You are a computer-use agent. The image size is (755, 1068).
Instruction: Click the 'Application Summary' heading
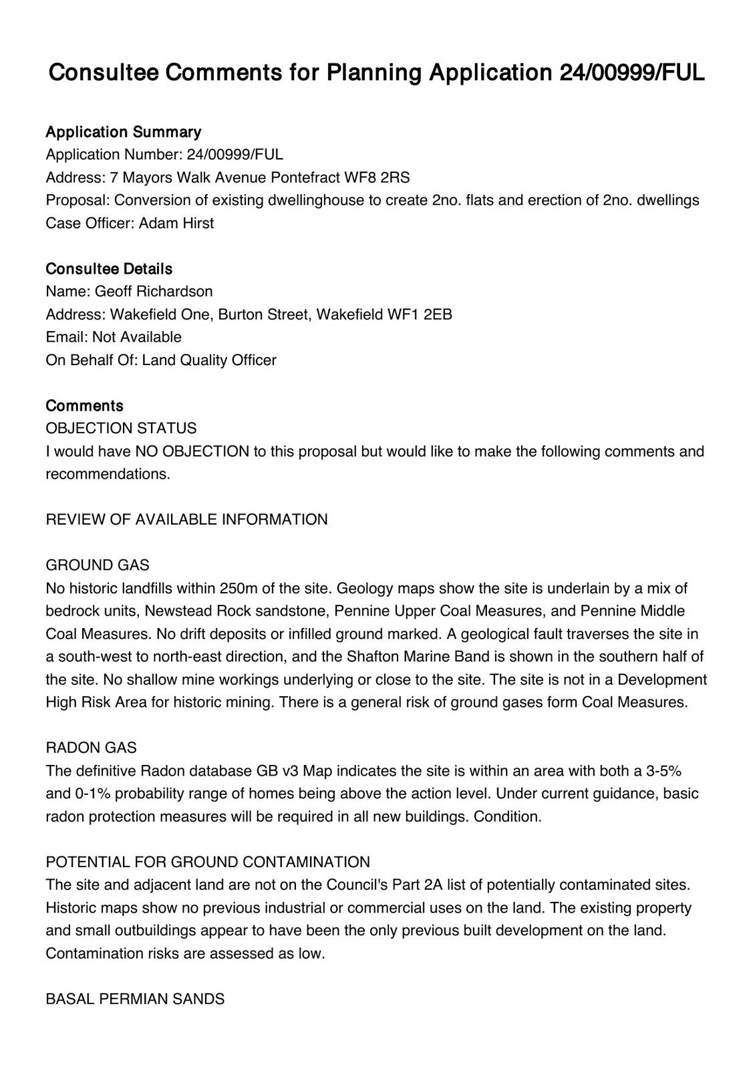pos(123,132)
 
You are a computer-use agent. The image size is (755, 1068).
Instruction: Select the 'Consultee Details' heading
pos(109,269)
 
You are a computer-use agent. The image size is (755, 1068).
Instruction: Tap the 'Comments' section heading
pos(84,406)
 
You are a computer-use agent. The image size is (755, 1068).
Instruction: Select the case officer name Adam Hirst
pos(176,223)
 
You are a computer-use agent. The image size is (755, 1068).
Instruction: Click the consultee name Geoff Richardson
pos(154,292)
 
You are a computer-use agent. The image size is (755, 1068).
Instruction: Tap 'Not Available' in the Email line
pos(137,337)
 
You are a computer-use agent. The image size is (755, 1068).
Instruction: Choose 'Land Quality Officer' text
pos(209,360)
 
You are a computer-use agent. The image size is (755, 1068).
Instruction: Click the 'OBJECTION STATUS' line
pos(121,429)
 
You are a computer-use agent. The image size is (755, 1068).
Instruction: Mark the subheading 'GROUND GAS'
pos(98,565)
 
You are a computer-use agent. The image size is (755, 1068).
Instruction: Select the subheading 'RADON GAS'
pos(91,748)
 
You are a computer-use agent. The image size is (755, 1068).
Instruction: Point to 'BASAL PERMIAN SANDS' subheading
pos(135,999)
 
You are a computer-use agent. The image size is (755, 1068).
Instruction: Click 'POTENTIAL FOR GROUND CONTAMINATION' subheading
pos(208,862)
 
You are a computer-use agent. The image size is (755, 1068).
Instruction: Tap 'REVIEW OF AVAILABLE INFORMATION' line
pos(186,520)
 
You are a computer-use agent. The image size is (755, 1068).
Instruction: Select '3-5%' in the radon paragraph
pos(663,772)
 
